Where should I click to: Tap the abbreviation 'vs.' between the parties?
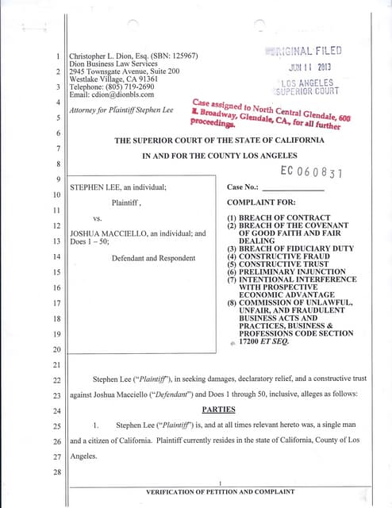pyautogui.click(x=98, y=217)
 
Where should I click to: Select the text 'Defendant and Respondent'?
pyautogui.click(x=154, y=258)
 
